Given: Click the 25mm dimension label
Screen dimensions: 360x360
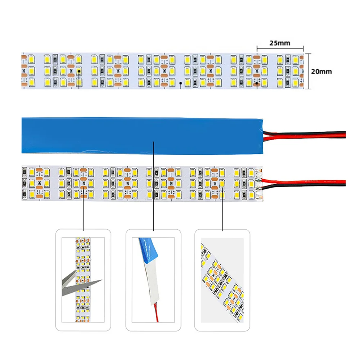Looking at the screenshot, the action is tap(280, 43).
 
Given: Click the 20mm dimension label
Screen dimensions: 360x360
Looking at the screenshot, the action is tap(321, 71).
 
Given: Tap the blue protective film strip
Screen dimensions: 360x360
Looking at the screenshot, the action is tap(142, 135).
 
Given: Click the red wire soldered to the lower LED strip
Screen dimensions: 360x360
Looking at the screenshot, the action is tap(303, 181).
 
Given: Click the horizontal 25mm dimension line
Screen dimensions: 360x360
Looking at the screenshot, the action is tap(280, 49).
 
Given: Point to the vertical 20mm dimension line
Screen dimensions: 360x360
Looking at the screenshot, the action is tap(309, 71).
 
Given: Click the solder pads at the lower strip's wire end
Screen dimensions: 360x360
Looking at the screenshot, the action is tap(259, 184).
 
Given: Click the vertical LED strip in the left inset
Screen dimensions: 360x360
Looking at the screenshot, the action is tap(83, 280).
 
